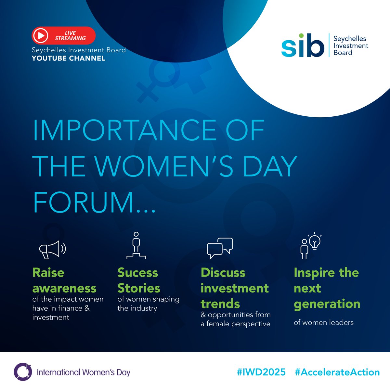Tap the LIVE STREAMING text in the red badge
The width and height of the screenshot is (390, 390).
70,35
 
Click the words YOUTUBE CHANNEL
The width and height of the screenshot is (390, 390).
68,58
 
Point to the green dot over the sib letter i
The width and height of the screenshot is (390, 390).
302,35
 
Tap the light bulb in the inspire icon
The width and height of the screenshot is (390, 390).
315,241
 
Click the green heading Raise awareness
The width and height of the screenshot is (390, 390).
64,280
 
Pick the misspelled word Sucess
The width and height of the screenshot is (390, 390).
137,273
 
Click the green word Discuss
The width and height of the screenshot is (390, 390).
223,273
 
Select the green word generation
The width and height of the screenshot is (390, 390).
327,304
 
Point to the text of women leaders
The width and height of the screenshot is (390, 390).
323,322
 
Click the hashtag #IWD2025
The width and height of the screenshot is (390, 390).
261,372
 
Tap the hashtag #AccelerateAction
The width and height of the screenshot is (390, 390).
337,372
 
